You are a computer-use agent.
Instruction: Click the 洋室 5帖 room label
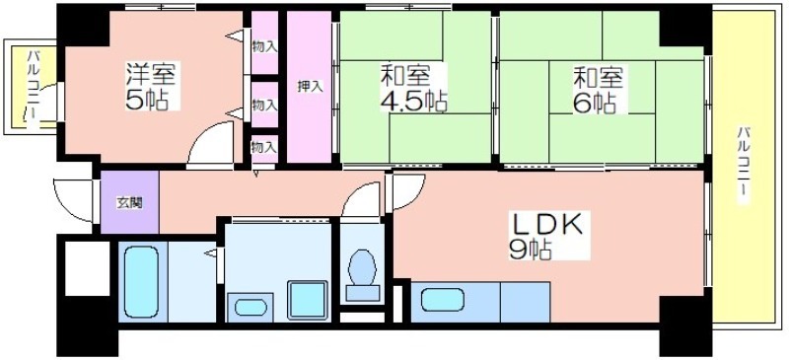click(152, 87)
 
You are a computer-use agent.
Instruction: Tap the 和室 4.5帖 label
click(412, 88)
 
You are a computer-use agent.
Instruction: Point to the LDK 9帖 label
click(548, 236)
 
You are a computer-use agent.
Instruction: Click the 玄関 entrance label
click(129, 203)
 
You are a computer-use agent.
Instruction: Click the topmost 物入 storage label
click(264, 47)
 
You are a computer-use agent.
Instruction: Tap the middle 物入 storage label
click(264, 106)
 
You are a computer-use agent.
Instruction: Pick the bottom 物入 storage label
click(264, 148)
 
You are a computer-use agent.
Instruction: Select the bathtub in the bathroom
click(141, 282)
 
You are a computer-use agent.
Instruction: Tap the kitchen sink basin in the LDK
click(443, 300)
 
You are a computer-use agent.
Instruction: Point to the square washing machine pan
click(308, 300)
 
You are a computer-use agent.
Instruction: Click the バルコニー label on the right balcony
click(744, 166)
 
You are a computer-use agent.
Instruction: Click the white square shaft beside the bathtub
click(88, 268)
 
